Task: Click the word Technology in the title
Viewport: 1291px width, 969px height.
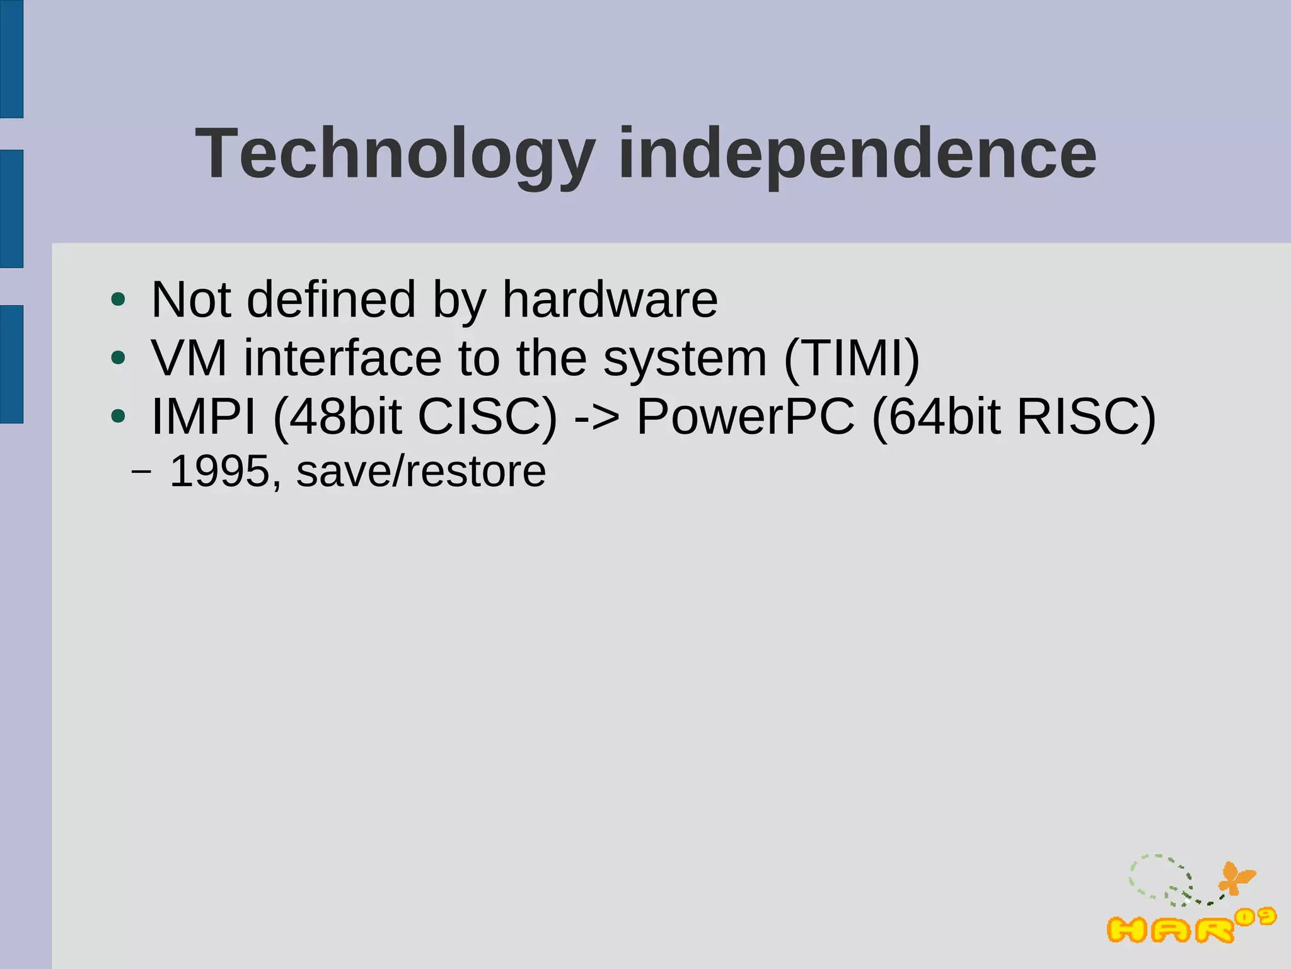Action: tap(395, 154)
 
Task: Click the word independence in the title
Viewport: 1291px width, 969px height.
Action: tap(857, 154)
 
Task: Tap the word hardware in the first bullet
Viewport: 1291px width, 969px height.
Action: tap(610, 299)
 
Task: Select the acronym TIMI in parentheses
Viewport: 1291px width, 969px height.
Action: tap(852, 358)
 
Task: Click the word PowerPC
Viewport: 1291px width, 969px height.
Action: tap(746, 417)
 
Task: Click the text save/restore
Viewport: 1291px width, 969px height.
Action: tap(421, 471)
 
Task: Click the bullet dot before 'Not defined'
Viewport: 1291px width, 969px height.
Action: tap(118, 299)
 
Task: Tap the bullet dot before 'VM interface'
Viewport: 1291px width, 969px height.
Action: tap(118, 358)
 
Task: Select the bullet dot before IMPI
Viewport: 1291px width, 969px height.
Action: tap(118, 416)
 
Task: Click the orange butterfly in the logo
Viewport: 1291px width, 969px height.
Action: tap(1236, 878)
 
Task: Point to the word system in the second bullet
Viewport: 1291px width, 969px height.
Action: tap(685, 358)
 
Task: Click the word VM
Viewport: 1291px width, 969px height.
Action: tap(188, 358)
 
